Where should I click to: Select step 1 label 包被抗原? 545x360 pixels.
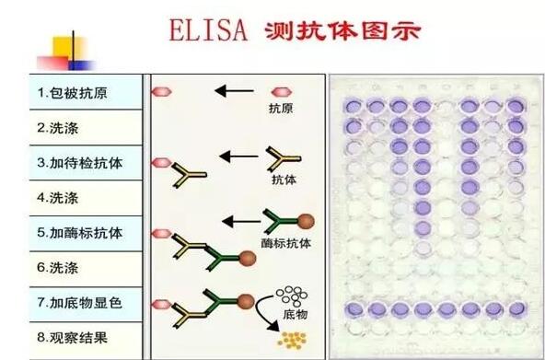77,93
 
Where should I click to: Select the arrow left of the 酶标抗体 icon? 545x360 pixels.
241,221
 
